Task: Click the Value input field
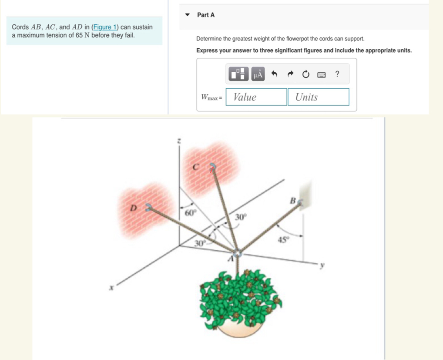coord(256,97)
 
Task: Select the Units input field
coord(318,97)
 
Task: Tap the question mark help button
coord(337,74)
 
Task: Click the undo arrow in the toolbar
coord(274,74)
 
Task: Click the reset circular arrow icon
coord(305,74)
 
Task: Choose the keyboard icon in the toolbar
coord(321,74)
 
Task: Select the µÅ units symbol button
coord(258,74)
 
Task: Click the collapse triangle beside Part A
coord(188,15)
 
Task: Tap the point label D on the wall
coord(134,208)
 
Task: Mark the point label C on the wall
coord(196,167)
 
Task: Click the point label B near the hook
coord(293,201)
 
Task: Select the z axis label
coord(178,141)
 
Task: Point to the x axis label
coord(112,287)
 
